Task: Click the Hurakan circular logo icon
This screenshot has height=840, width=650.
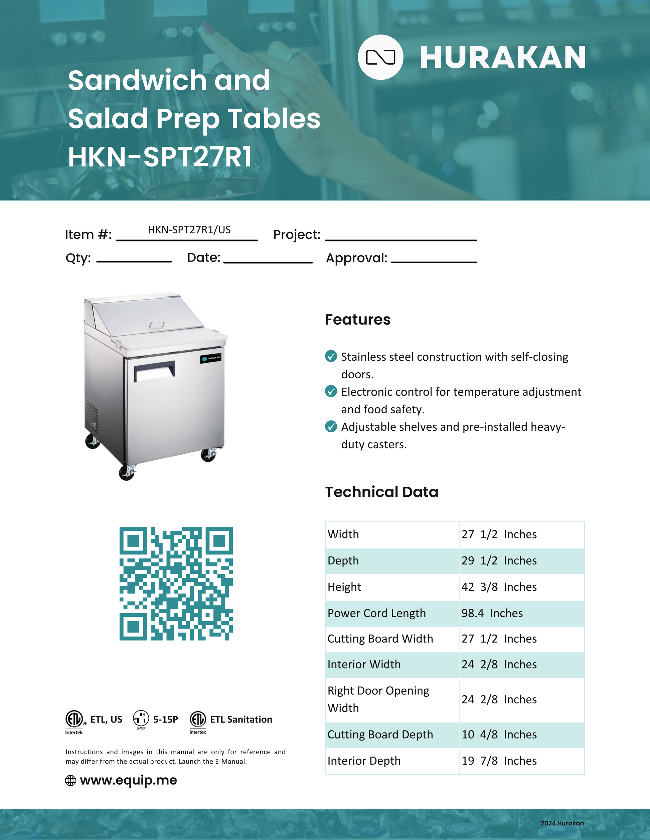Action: click(x=380, y=57)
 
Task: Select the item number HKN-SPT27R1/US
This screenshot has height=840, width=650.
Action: click(x=189, y=230)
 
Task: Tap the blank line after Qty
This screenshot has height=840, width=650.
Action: click(x=134, y=261)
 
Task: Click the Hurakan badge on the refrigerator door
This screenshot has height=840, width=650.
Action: click(x=211, y=358)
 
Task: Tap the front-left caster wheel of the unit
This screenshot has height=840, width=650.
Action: click(x=127, y=473)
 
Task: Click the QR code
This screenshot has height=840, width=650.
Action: click(x=176, y=583)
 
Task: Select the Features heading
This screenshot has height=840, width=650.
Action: click(x=358, y=320)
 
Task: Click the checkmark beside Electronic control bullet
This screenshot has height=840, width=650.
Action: click(x=331, y=391)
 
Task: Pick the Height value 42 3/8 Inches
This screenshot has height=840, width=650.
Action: click(x=499, y=587)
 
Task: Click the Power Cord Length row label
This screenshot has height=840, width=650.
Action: click(x=376, y=613)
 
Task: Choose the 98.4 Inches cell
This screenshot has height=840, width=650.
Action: click(x=492, y=613)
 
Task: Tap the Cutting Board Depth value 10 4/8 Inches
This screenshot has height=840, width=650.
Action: click(x=499, y=734)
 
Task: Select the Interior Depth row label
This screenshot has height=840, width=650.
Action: click(x=364, y=761)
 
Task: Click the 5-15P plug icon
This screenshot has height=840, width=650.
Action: click(x=141, y=718)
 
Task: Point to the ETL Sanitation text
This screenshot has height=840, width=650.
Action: click(x=241, y=719)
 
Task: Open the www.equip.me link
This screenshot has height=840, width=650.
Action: click(x=128, y=780)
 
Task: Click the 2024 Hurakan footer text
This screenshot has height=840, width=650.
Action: click(x=562, y=823)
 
